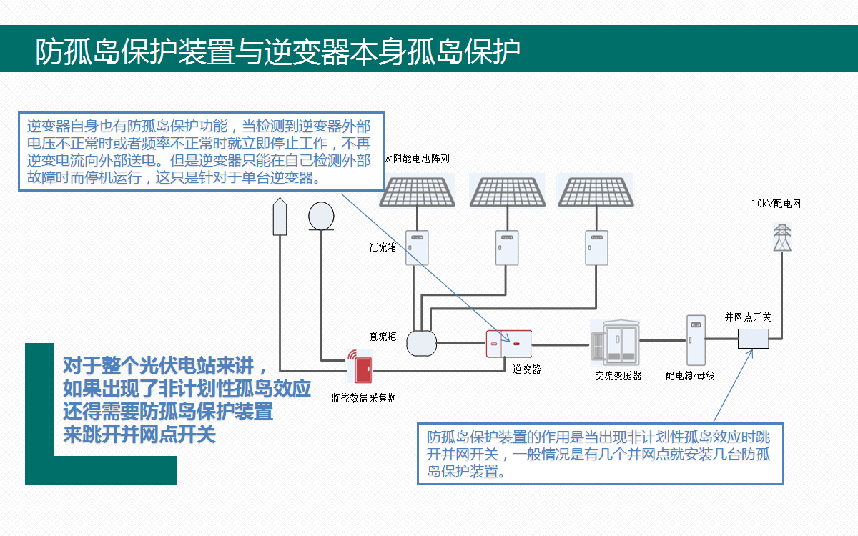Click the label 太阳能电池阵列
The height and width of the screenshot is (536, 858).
click(418, 158)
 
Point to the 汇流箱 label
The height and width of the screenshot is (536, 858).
click(383, 247)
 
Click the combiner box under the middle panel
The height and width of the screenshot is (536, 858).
click(507, 247)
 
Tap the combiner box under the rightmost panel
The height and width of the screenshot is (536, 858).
click(596, 247)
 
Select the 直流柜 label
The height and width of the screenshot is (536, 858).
click(383, 336)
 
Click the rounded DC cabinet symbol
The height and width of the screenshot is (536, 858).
click(421, 342)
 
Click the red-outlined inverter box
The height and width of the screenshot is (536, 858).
click(509, 344)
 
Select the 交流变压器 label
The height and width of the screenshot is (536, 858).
click(618, 375)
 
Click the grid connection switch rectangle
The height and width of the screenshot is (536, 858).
click(753, 338)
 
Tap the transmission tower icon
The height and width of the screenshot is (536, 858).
click(784, 237)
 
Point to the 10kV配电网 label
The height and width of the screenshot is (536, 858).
click(776, 204)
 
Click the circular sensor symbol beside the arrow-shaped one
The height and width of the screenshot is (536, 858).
click(321, 215)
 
